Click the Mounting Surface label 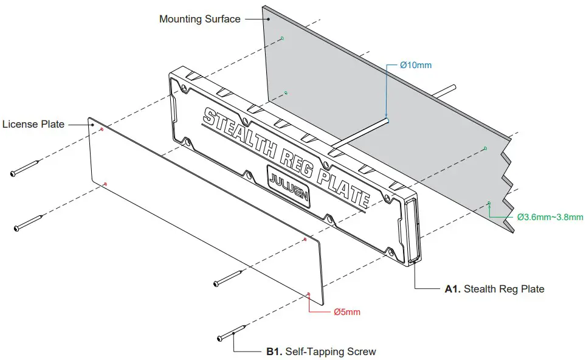[199, 19]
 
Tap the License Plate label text [33, 124]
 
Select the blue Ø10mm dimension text [416, 65]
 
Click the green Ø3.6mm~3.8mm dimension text [550, 216]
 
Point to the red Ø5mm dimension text [347, 312]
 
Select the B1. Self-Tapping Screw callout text [321, 351]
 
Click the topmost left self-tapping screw [26, 168]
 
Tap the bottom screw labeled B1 [232, 333]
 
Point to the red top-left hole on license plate [102, 129]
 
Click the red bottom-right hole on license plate [309, 294]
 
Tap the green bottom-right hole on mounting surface [489, 203]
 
